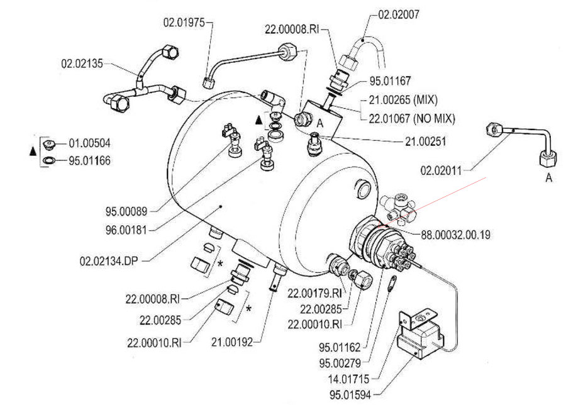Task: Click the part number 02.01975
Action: [x=184, y=22]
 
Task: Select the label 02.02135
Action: [x=82, y=63]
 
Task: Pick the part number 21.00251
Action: [x=425, y=142]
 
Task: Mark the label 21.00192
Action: [x=232, y=342]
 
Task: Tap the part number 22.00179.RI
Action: [x=314, y=293]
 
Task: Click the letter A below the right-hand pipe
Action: [x=548, y=179]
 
